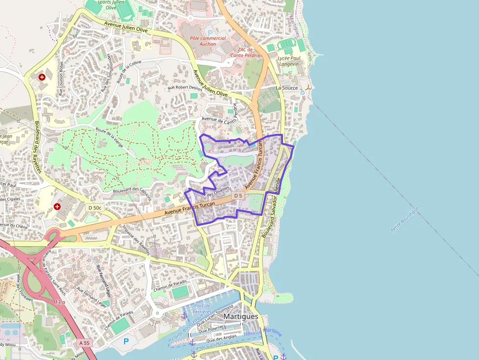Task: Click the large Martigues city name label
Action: coord(240,317)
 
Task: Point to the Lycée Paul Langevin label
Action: coord(288,61)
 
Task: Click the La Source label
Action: coord(286,88)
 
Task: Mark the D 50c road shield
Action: coord(95,208)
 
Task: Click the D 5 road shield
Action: coord(238,196)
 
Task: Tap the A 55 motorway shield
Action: coord(84,343)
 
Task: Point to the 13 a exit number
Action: coord(60,303)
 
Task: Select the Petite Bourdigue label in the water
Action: coord(405,219)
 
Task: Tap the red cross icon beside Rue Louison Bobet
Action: coord(42,77)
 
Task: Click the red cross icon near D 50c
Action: coord(57,207)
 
